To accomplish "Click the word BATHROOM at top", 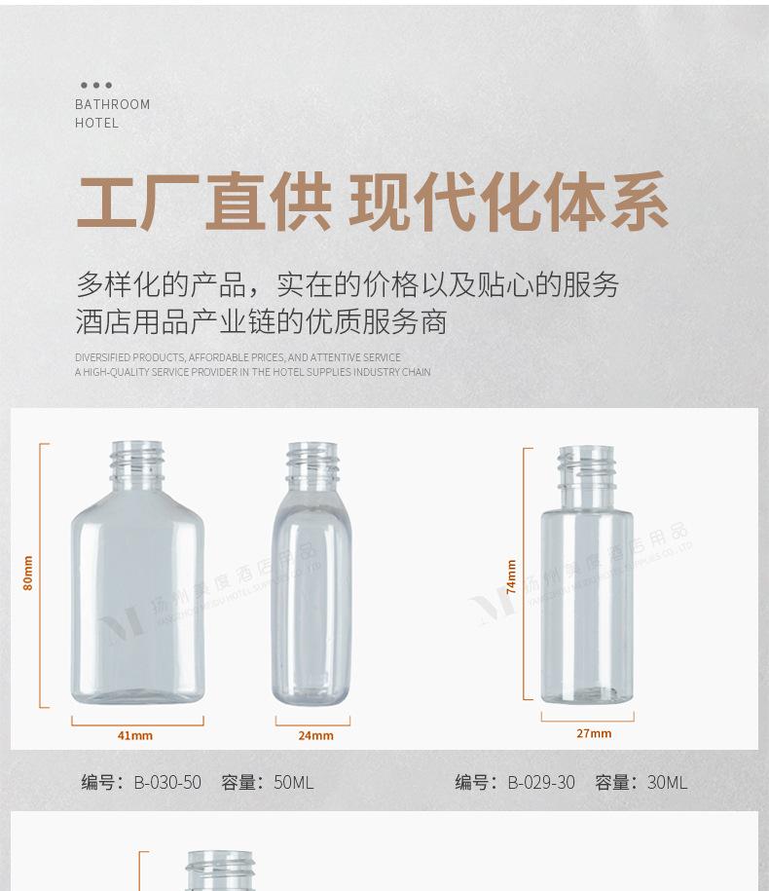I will pyautogui.click(x=113, y=104).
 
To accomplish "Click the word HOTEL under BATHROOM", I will pyautogui.click(x=96, y=123).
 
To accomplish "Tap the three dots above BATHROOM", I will pyautogui.click(x=96, y=86).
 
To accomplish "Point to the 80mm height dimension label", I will pyautogui.click(x=28, y=573).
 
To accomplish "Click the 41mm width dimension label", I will pyautogui.click(x=135, y=735).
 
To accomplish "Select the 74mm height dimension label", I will pyautogui.click(x=511, y=576).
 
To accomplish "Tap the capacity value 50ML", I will pyautogui.click(x=294, y=782).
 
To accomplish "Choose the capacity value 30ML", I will pyautogui.click(x=668, y=782).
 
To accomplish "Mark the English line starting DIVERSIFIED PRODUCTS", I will pyautogui.click(x=238, y=357).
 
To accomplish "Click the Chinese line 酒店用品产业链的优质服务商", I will pyautogui.click(x=261, y=322).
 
